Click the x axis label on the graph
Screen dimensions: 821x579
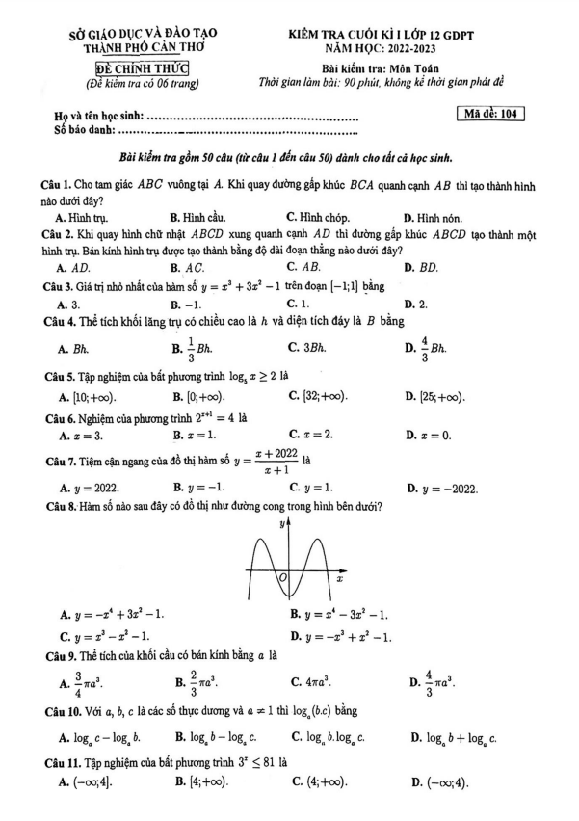click(x=339, y=578)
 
